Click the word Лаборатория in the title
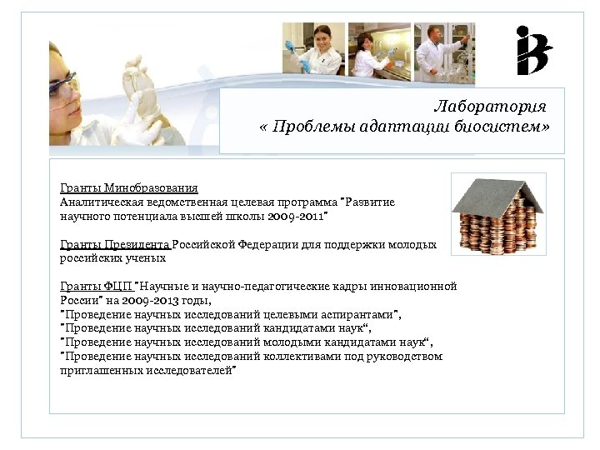coord(490,107)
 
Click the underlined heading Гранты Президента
coord(115,245)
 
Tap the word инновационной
coord(413,286)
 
